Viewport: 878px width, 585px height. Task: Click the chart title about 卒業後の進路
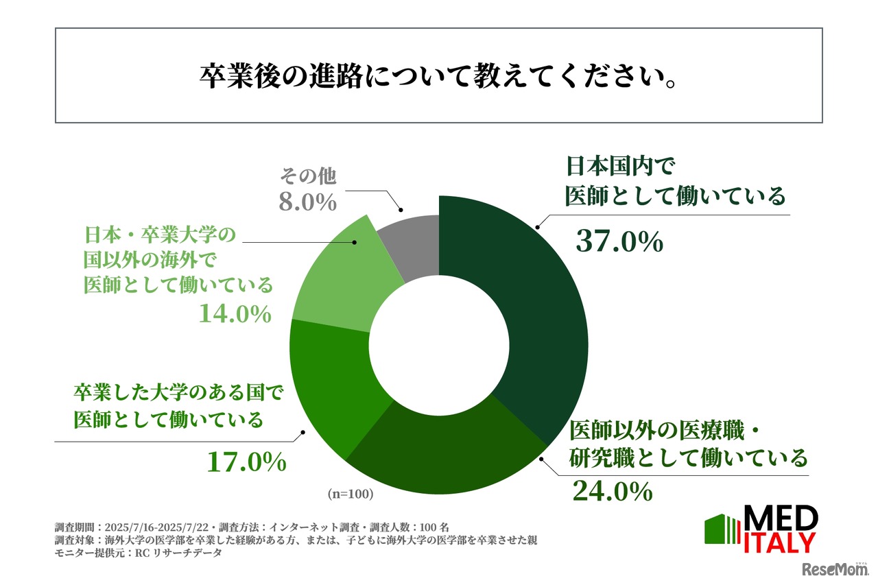[438, 77]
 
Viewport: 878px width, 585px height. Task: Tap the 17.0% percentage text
[246, 462]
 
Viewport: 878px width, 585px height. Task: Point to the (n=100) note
[350, 494]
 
